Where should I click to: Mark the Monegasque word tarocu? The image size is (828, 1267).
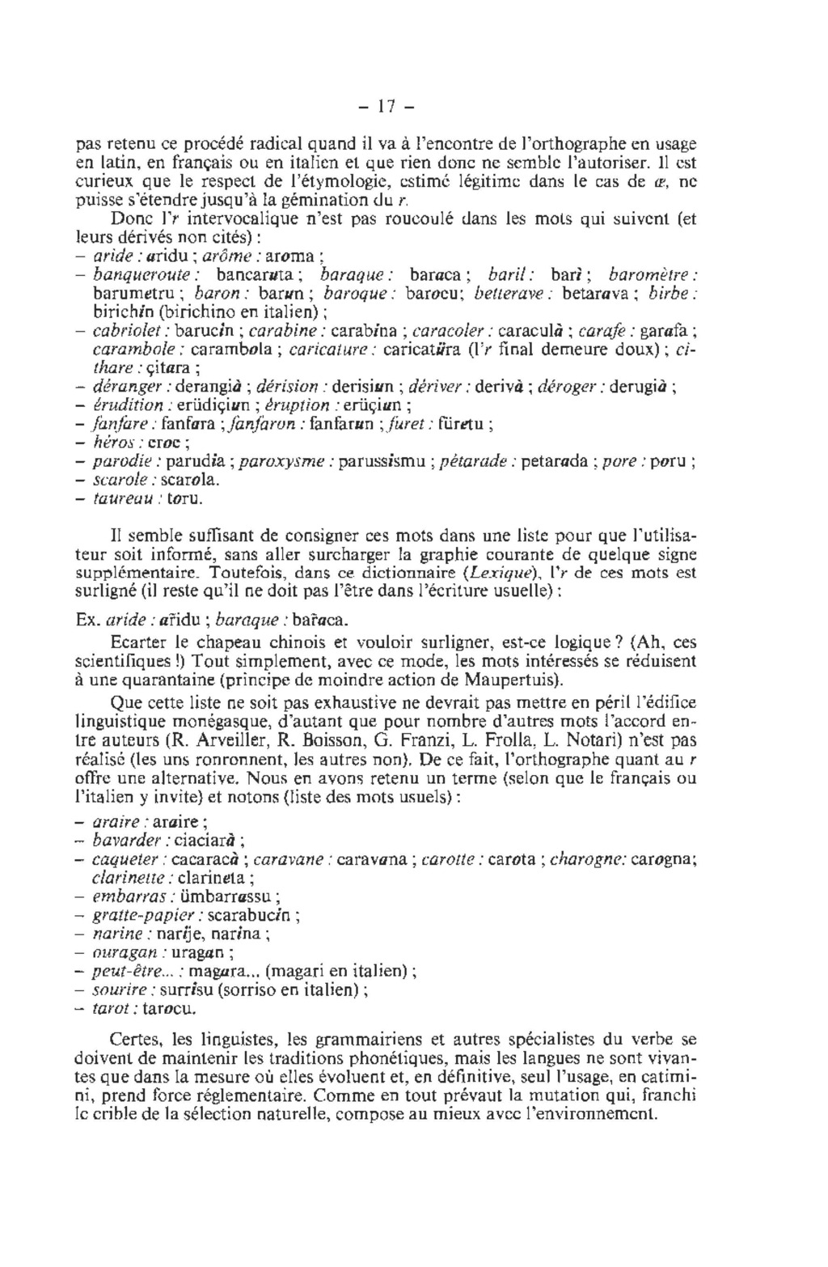tap(169, 1010)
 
